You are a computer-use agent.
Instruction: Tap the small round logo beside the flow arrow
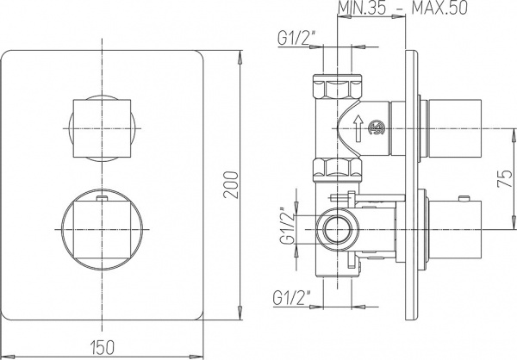point(376,130)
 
